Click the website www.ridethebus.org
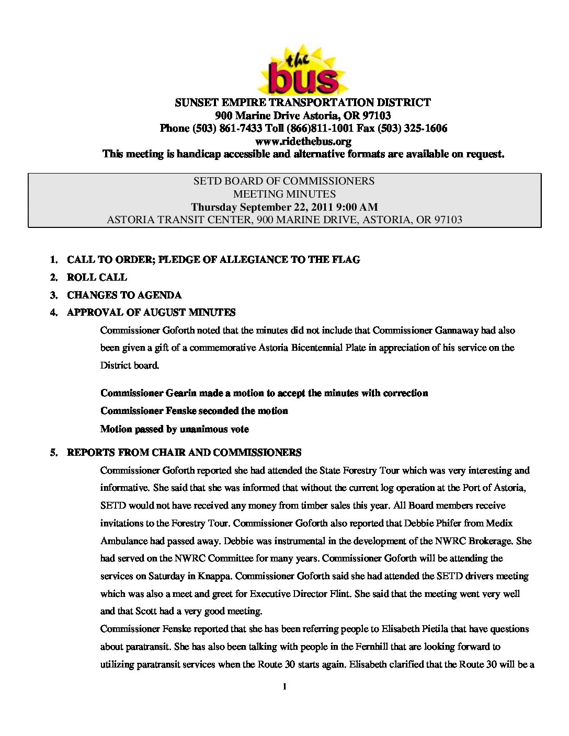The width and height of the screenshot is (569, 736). click(303, 141)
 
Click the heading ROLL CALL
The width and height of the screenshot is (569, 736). click(97, 278)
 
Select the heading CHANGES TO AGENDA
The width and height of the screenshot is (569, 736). click(124, 295)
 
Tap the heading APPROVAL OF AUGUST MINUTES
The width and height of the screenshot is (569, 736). click(151, 313)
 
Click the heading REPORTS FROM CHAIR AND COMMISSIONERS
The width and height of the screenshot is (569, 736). click(184, 453)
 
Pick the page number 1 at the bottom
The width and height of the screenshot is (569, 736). click(284, 686)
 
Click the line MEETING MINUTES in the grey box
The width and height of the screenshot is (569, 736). click(284, 194)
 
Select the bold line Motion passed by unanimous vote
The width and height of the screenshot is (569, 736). click(174, 429)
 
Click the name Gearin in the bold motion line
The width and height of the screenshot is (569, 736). click(181, 393)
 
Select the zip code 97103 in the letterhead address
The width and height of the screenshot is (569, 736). click(377, 116)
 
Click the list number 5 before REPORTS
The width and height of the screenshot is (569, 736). click(53, 453)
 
